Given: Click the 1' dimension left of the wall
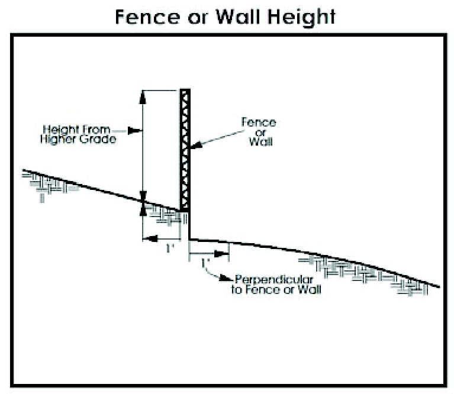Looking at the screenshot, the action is click(x=170, y=248).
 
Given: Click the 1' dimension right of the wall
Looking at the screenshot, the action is click(x=205, y=261).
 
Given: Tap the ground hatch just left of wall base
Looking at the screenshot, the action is click(x=166, y=216).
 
